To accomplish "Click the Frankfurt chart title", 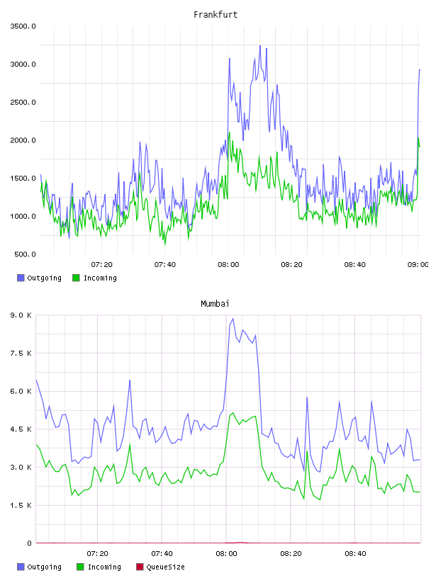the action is tap(216, 14).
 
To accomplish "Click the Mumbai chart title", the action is tap(215, 303).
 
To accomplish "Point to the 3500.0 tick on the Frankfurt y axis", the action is tap(23, 26).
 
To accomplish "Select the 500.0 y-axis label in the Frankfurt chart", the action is tap(25, 254).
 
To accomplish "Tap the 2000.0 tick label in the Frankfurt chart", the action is tap(23, 140).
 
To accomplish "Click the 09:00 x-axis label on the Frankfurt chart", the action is tap(418, 264).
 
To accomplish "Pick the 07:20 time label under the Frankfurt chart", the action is tap(101, 264).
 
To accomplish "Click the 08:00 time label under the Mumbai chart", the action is tap(226, 553).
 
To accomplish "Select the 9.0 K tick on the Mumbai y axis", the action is tap(21, 315).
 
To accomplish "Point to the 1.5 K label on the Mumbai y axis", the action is tap(21, 505).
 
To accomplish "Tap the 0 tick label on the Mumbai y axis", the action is tap(29, 543).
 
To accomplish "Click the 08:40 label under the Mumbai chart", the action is tap(355, 553).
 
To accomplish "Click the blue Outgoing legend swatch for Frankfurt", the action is tap(21, 278).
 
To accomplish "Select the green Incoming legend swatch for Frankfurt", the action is tap(76, 278).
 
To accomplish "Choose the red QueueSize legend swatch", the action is tap(140, 567).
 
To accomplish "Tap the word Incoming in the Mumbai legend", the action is tap(104, 567).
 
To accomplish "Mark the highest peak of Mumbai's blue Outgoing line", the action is tap(233, 319).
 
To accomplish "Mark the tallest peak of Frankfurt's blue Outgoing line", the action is tap(260, 46).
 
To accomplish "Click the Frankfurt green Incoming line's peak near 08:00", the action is tap(229, 132).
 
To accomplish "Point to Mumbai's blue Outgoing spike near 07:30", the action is tap(130, 380).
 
